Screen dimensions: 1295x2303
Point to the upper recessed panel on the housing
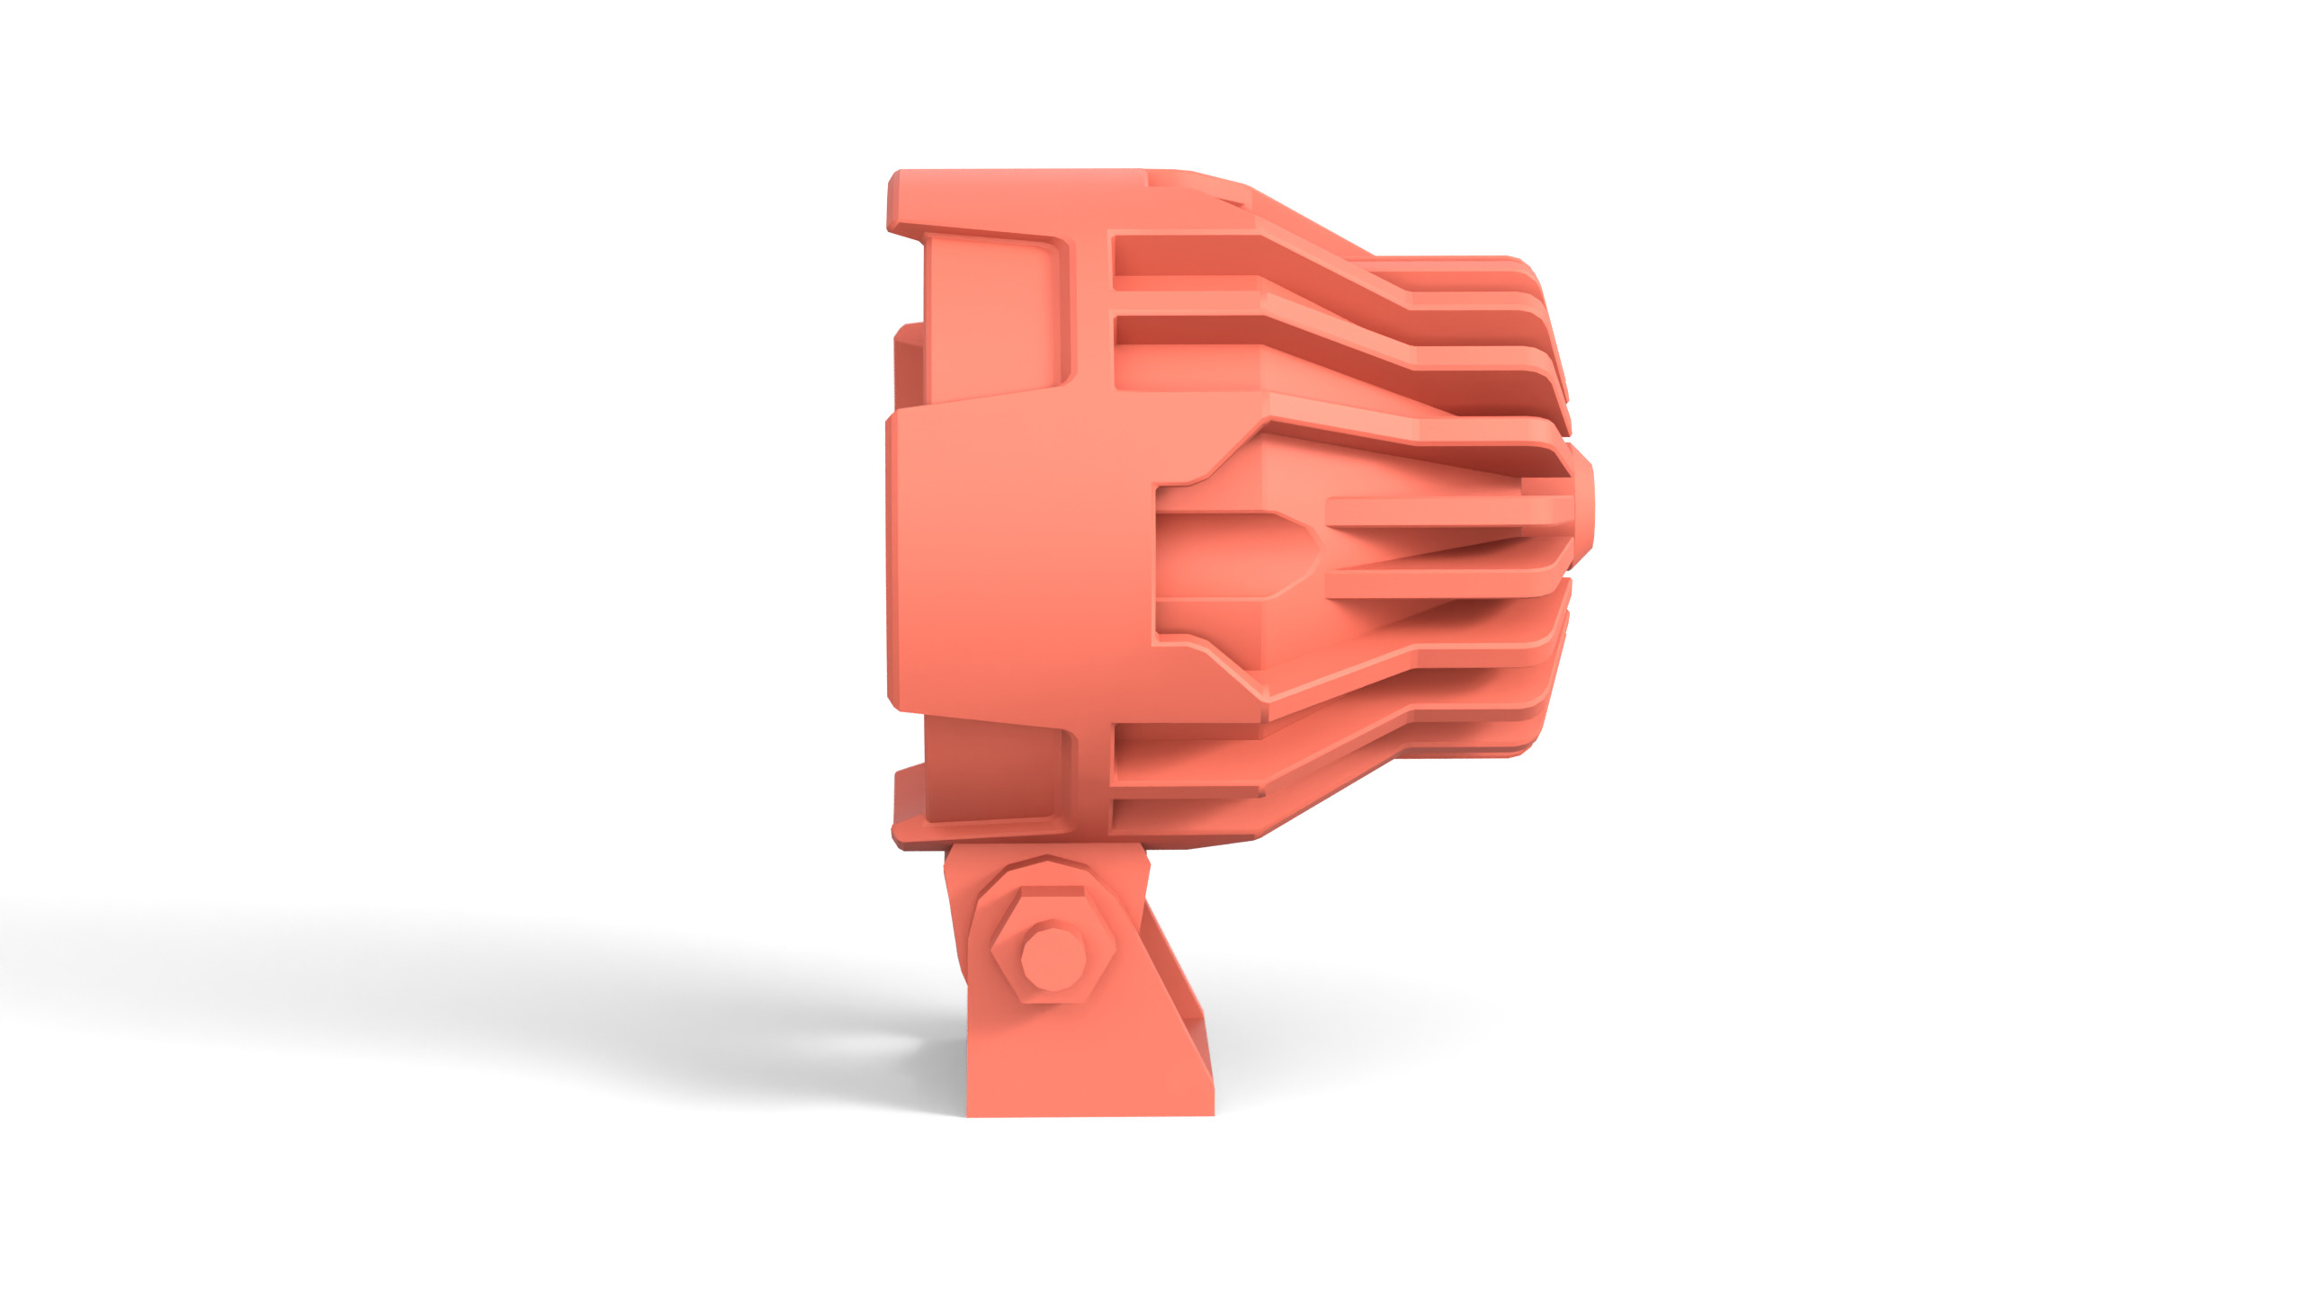[x=994, y=315]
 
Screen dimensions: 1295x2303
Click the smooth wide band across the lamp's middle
[x=1017, y=558]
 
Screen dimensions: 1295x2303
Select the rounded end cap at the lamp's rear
[x=1582, y=513]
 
